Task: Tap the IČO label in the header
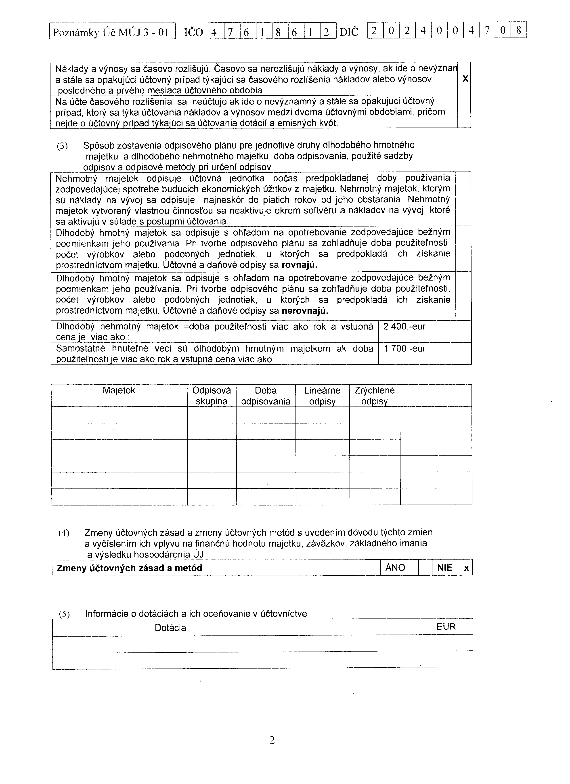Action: click(194, 32)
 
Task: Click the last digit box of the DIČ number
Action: click(518, 31)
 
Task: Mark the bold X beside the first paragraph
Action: click(465, 79)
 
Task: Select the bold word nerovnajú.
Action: click(305, 311)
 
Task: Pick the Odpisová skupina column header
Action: click(212, 396)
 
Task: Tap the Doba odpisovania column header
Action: click(266, 396)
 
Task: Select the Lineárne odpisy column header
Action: click(322, 396)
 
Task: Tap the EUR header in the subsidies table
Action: click(446, 627)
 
